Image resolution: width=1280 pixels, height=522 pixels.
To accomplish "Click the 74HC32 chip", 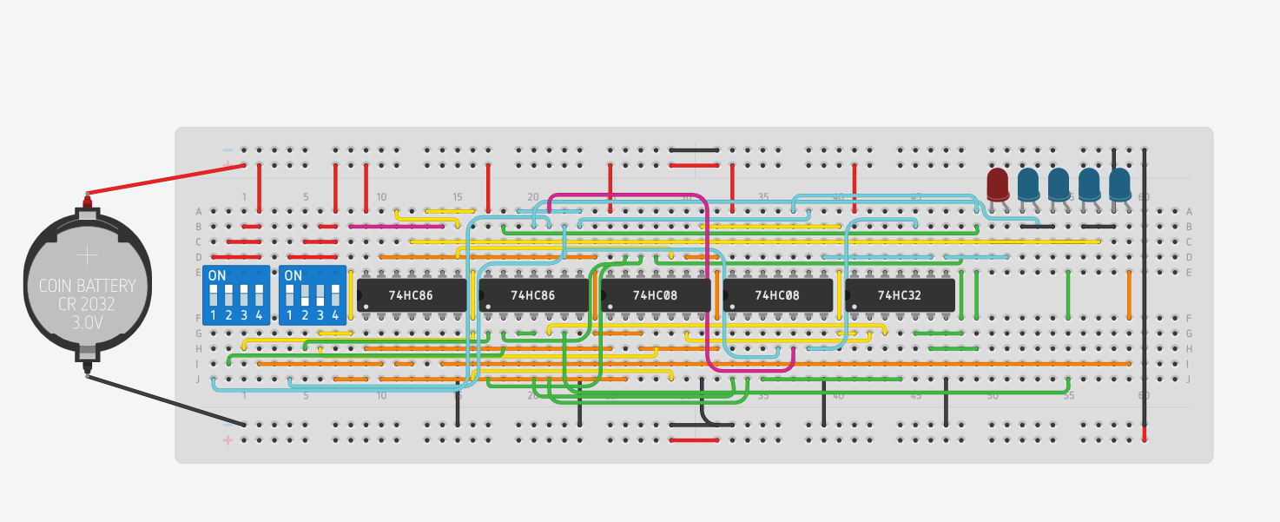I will click(x=900, y=295).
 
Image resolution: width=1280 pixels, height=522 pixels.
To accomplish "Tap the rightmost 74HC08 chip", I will click(x=778, y=295).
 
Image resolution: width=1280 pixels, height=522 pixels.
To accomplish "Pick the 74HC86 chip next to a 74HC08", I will click(x=533, y=295).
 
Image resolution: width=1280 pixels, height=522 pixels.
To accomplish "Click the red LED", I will click(x=998, y=183).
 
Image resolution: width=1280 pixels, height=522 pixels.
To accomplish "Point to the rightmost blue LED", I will click(x=1119, y=183).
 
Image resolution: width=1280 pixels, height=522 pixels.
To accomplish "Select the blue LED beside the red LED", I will click(x=1028, y=183).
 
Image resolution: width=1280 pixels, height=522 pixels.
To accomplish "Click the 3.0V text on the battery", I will click(x=87, y=321).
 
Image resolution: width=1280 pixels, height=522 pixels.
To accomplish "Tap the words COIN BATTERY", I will click(x=87, y=286).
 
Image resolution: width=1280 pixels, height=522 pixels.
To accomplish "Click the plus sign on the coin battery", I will click(x=88, y=255).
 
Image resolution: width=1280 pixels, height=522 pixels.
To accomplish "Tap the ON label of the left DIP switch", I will click(x=217, y=276).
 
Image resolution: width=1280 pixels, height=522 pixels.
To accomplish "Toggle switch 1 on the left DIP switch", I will click(x=214, y=294).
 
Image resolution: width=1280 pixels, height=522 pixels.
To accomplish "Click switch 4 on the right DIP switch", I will click(x=335, y=294).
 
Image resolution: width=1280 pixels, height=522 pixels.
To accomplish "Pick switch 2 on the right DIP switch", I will click(x=305, y=294).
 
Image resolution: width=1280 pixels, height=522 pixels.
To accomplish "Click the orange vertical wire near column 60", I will click(x=1129, y=295).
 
